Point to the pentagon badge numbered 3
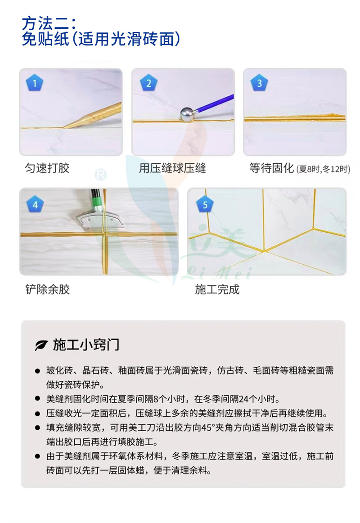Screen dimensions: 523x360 (x=259, y=83)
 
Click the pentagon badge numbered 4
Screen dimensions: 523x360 (x=35, y=205)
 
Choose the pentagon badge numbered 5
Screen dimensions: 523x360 (x=205, y=205)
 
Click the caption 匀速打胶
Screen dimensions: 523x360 (x=47, y=169)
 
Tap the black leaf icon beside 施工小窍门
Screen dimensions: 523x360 (x=41, y=345)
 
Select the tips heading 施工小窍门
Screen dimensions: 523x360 (x=86, y=345)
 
